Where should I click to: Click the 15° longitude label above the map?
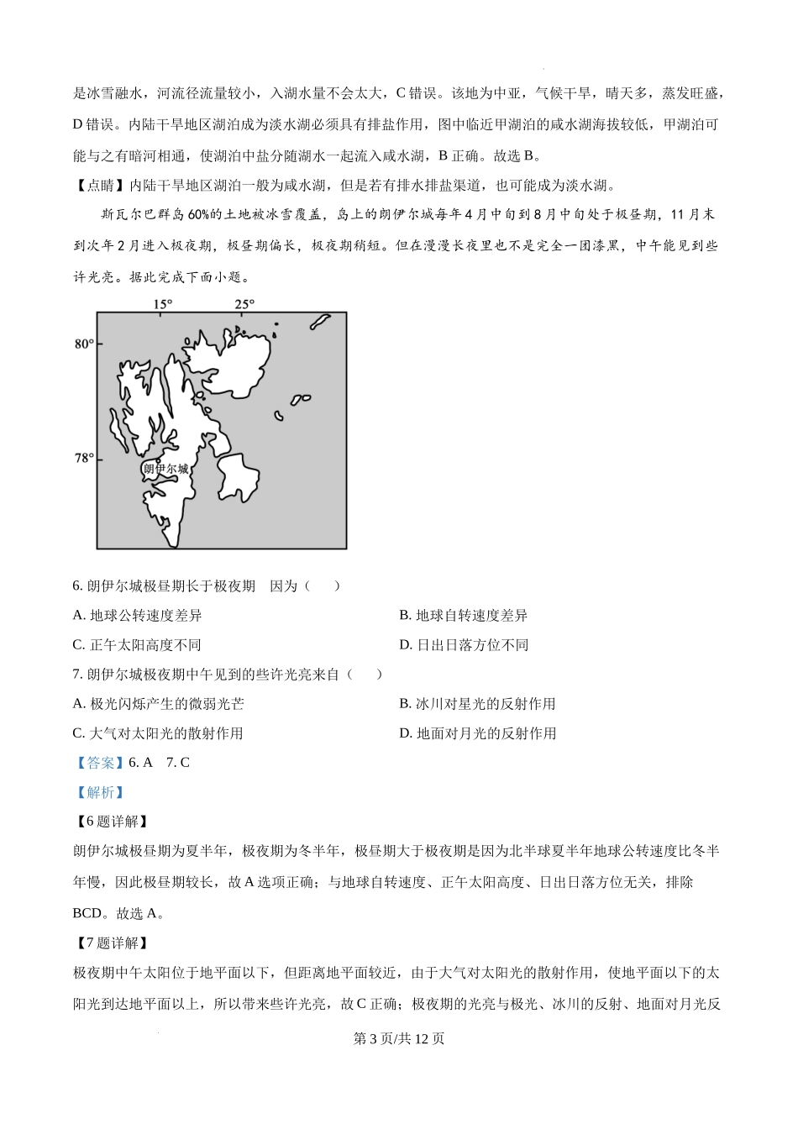(163, 304)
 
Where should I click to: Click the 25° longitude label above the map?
(244, 304)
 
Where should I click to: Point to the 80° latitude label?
(83, 344)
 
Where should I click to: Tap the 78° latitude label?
(83, 459)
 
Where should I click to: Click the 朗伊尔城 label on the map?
(166, 469)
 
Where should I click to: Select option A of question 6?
(138, 616)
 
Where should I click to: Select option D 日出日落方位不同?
(464, 645)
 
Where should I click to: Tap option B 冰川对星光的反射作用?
(477, 704)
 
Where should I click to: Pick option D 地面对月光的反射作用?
(477, 733)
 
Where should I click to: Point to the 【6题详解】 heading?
(111, 822)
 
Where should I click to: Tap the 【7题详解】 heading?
(111, 943)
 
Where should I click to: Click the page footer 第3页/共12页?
(399, 1038)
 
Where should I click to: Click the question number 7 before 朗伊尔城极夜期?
(77, 675)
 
